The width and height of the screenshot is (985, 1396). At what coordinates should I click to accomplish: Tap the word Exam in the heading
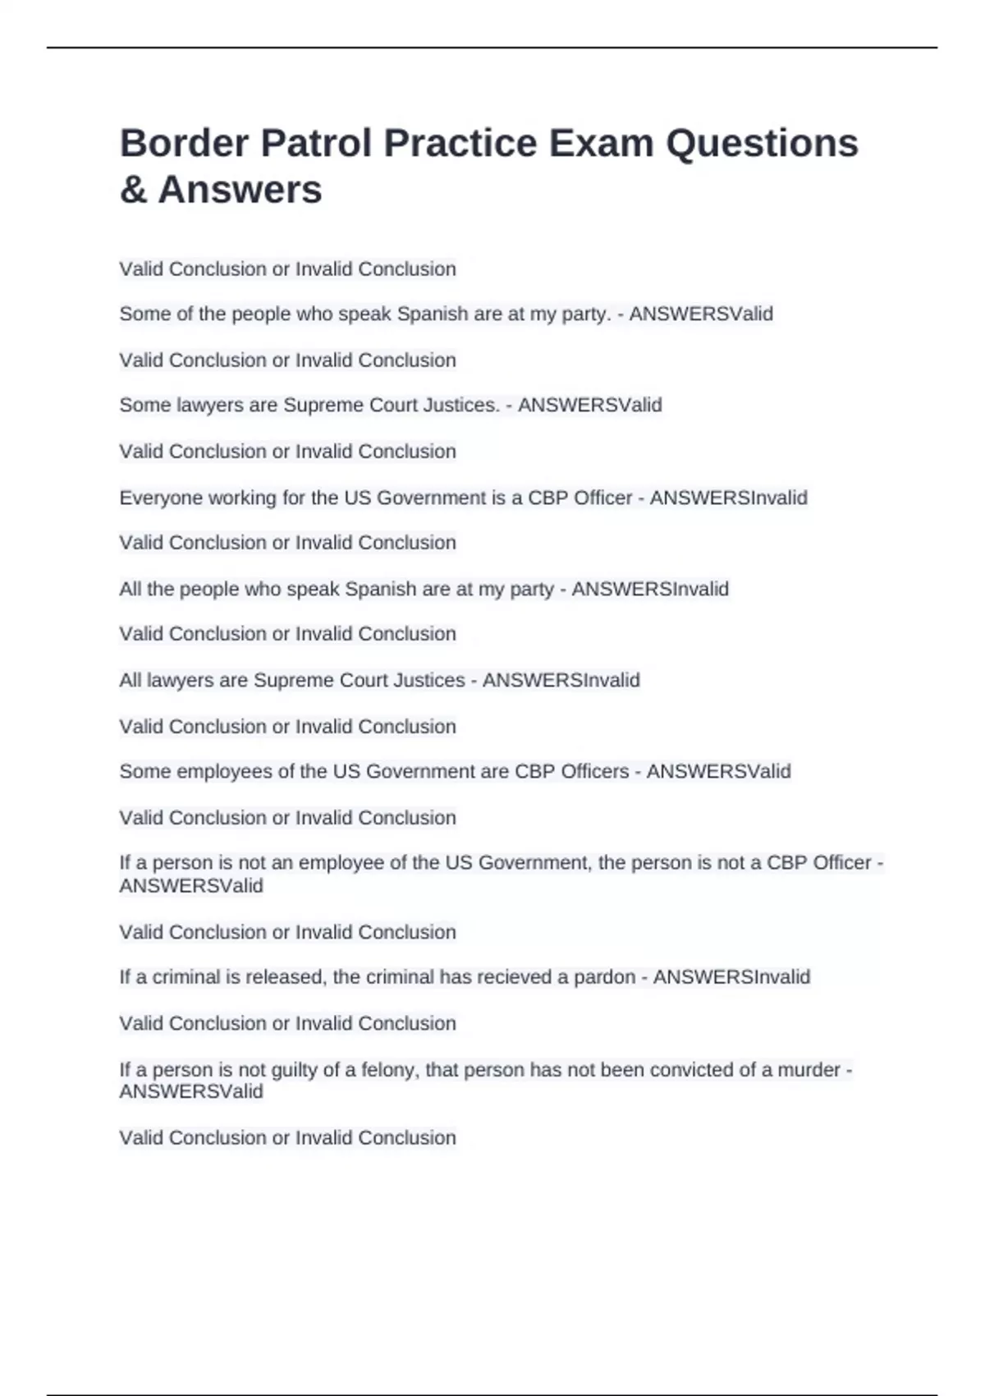[x=601, y=144]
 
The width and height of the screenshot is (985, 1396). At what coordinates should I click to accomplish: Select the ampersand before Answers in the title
[x=133, y=191]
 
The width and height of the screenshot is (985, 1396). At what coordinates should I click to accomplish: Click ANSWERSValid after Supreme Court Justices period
[x=589, y=406]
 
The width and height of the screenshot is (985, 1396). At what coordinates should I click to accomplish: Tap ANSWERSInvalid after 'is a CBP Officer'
[x=728, y=498]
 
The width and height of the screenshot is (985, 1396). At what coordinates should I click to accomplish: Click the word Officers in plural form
[x=593, y=772]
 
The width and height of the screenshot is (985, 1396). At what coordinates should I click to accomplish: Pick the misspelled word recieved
[x=508, y=977]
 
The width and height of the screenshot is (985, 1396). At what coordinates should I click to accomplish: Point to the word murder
[x=809, y=1070]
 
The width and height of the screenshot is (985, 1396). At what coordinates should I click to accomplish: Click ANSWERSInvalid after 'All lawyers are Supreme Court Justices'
[x=561, y=681]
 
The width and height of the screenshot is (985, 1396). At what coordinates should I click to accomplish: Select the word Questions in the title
[x=762, y=144]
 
